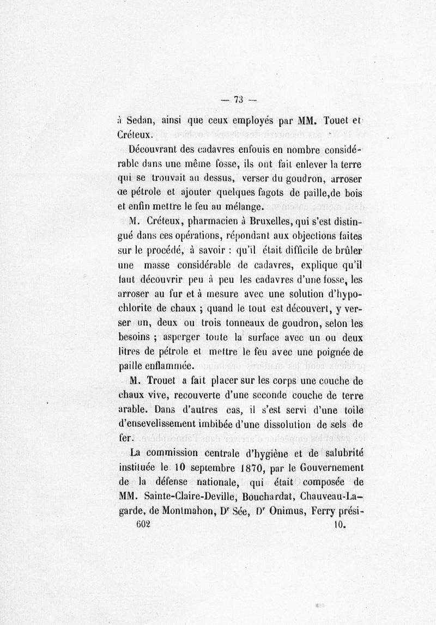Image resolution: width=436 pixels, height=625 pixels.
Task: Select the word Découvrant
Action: click(x=155, y=149)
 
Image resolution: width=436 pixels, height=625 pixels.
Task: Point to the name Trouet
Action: click(x=165, y=381)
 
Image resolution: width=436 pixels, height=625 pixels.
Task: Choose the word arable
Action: click(x=135, y=409)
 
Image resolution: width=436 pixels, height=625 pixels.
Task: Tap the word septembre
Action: click(x=205, y=468)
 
